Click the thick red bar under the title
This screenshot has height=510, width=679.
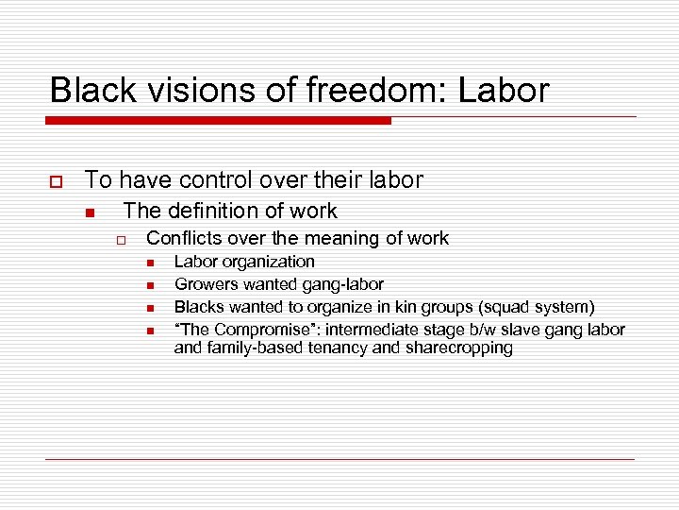218,121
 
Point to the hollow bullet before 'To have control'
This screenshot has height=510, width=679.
57,180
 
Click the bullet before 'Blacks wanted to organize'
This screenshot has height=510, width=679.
149,308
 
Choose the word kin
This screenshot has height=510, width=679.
416,307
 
